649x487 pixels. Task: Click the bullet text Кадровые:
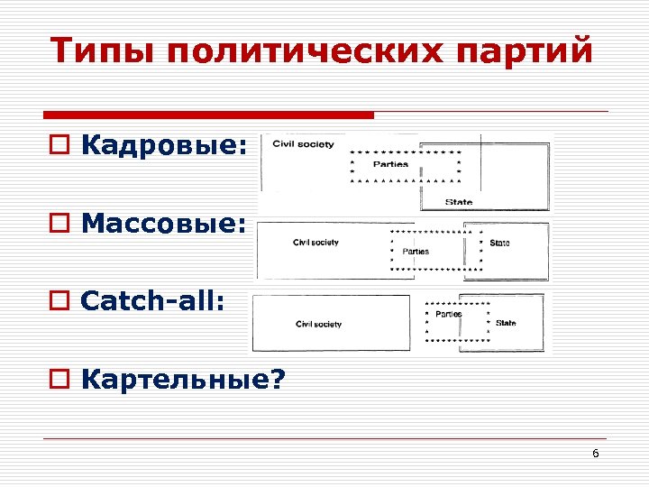click(163, 147)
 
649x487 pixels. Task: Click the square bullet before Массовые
click(59, 225)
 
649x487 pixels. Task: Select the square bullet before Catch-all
click(59, 302)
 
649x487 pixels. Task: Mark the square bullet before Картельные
click(59, 380)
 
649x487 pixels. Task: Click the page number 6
click(595, 453)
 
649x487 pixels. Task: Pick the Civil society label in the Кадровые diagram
click(303, 144)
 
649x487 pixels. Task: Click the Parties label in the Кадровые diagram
click(390, 164)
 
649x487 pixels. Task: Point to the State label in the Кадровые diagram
click(458, 201)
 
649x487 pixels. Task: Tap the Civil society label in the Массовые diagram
click(315, 243)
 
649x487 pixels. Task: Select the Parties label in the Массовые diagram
click(416, 252)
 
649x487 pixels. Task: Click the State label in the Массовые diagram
click(499, 243)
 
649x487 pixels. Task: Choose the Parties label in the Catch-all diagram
click(448, 314)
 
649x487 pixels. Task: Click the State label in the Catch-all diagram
click(506, 322)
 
